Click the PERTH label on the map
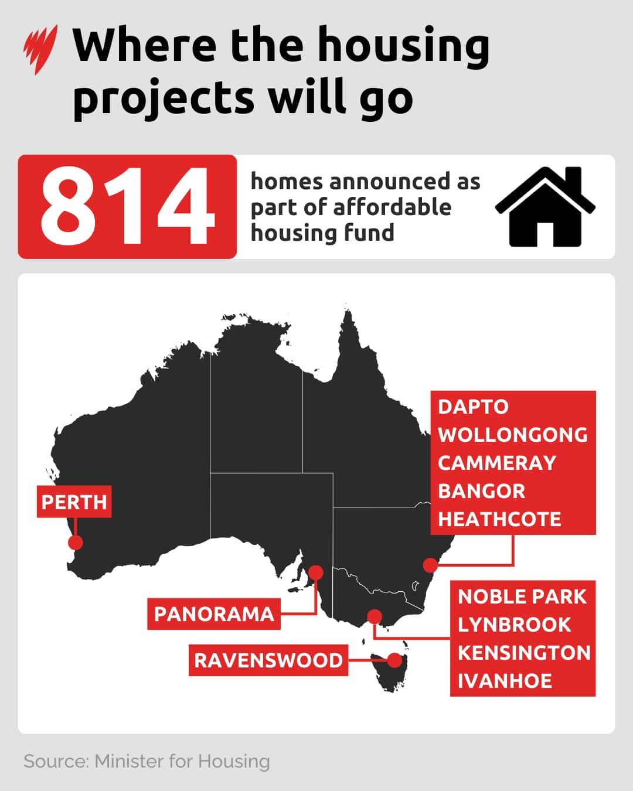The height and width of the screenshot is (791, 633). click(x=74, y=502)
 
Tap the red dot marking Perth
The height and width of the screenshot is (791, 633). click(x=75, y=543)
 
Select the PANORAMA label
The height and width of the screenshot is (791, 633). click(x=214, y=614)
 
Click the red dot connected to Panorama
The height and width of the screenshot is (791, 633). click(x=316, y=572)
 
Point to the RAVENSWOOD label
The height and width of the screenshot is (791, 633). click(x=268, y=660)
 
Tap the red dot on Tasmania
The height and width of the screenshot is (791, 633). click(x=395, y=660)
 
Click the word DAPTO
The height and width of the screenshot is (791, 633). click(x=473, y=407)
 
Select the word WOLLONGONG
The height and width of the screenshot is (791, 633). click(x=513, y=435)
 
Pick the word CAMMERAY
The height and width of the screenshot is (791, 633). click(x=497, y=463)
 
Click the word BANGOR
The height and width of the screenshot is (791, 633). click(x=481, y=491)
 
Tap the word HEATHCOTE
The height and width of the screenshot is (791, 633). click(x=499, y=519)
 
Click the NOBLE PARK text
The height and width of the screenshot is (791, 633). click(x=522, y=596)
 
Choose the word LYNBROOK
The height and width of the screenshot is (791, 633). click(x=514, y=625)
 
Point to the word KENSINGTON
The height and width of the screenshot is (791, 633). click(x=524, y=653)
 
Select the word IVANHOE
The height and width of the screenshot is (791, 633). click(x=505, y=681)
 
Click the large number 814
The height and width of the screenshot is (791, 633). click(x=127, y=206)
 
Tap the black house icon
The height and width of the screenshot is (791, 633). click(x=545, y=207)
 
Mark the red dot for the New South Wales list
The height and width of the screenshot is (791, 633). click(x=431, y=565)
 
